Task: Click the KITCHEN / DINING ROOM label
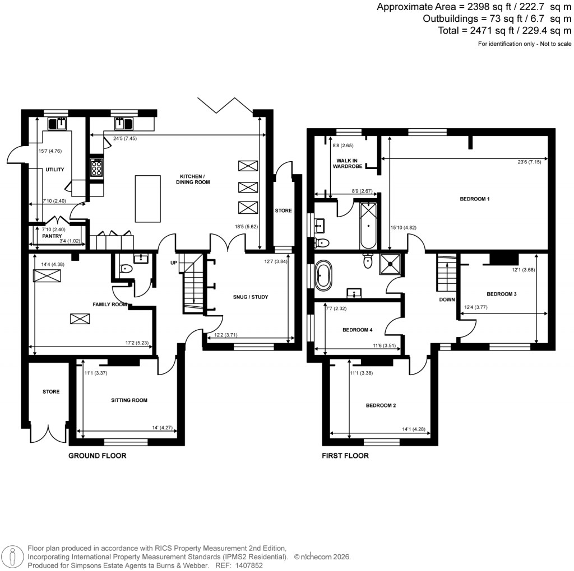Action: click(x=194, y=179)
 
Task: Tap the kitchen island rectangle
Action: click(x=144, y=198)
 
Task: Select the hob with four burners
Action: click(x=96, y=166)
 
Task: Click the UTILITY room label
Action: click(x=55, y=170)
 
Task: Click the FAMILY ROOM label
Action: click(x=109, y=305)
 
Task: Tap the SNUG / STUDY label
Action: click(x=246, y=297)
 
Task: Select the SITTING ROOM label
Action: click(x=129, y=400)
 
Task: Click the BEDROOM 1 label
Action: click(x=475, y=199)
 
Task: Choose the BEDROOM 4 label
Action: click(x=357, y=330)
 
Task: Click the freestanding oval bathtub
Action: click(x=325, y=275)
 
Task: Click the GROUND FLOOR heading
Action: click(x=97, y=456)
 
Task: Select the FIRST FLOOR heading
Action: click(x=345, y=456)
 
